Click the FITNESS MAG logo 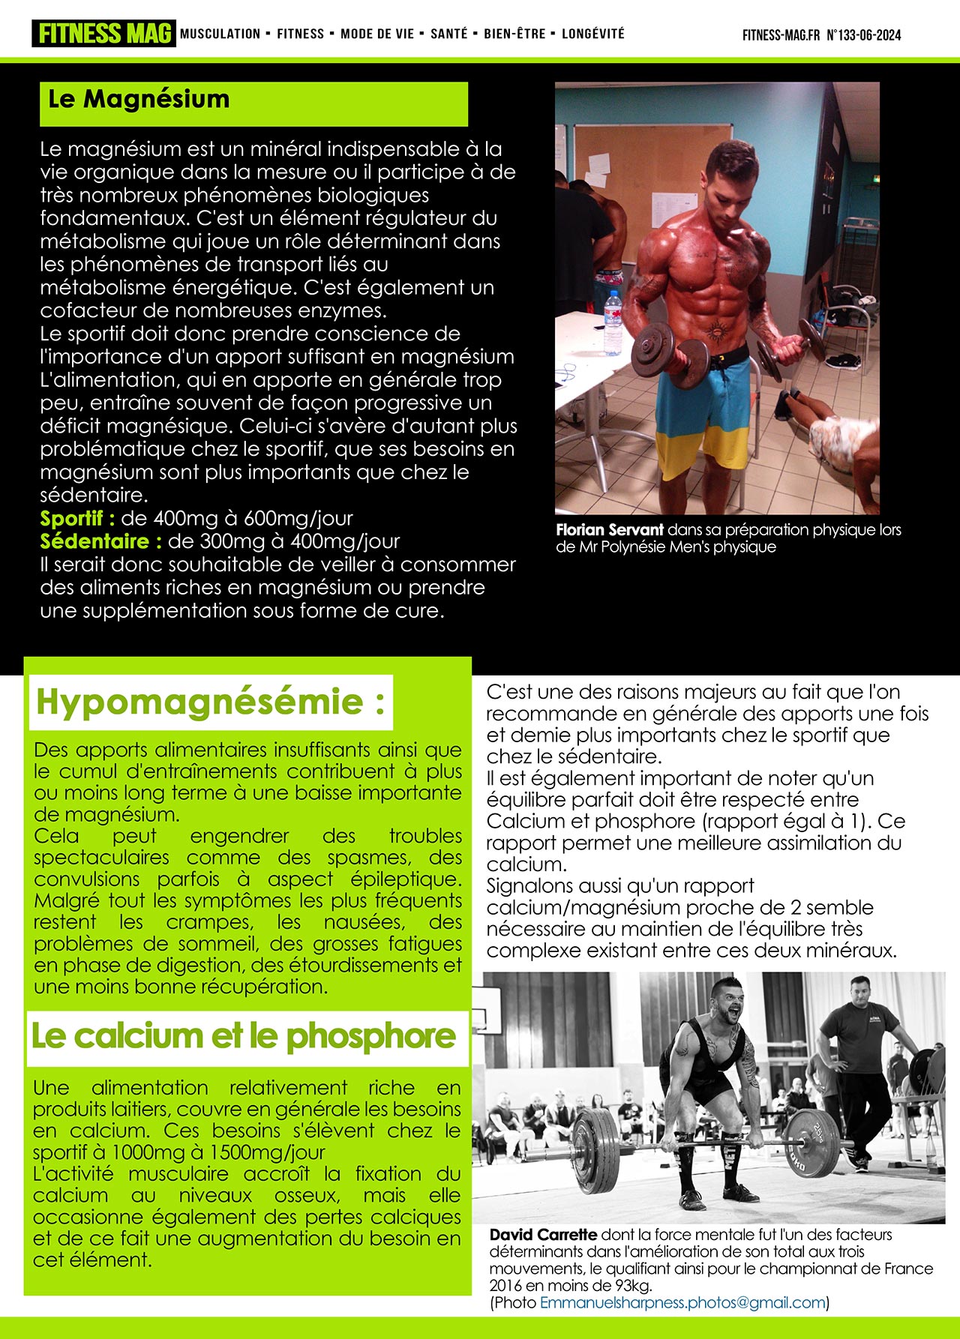(103, 34)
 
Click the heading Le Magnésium (139, 100)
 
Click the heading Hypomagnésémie (211, 702)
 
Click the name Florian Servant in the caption (610, 530)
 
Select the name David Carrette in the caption (543, 1234)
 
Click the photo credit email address (682, 1302)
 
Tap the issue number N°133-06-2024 (863, 35)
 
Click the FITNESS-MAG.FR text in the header (781, 35)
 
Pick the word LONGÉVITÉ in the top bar (592, 34)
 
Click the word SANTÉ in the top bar (448, 34)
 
